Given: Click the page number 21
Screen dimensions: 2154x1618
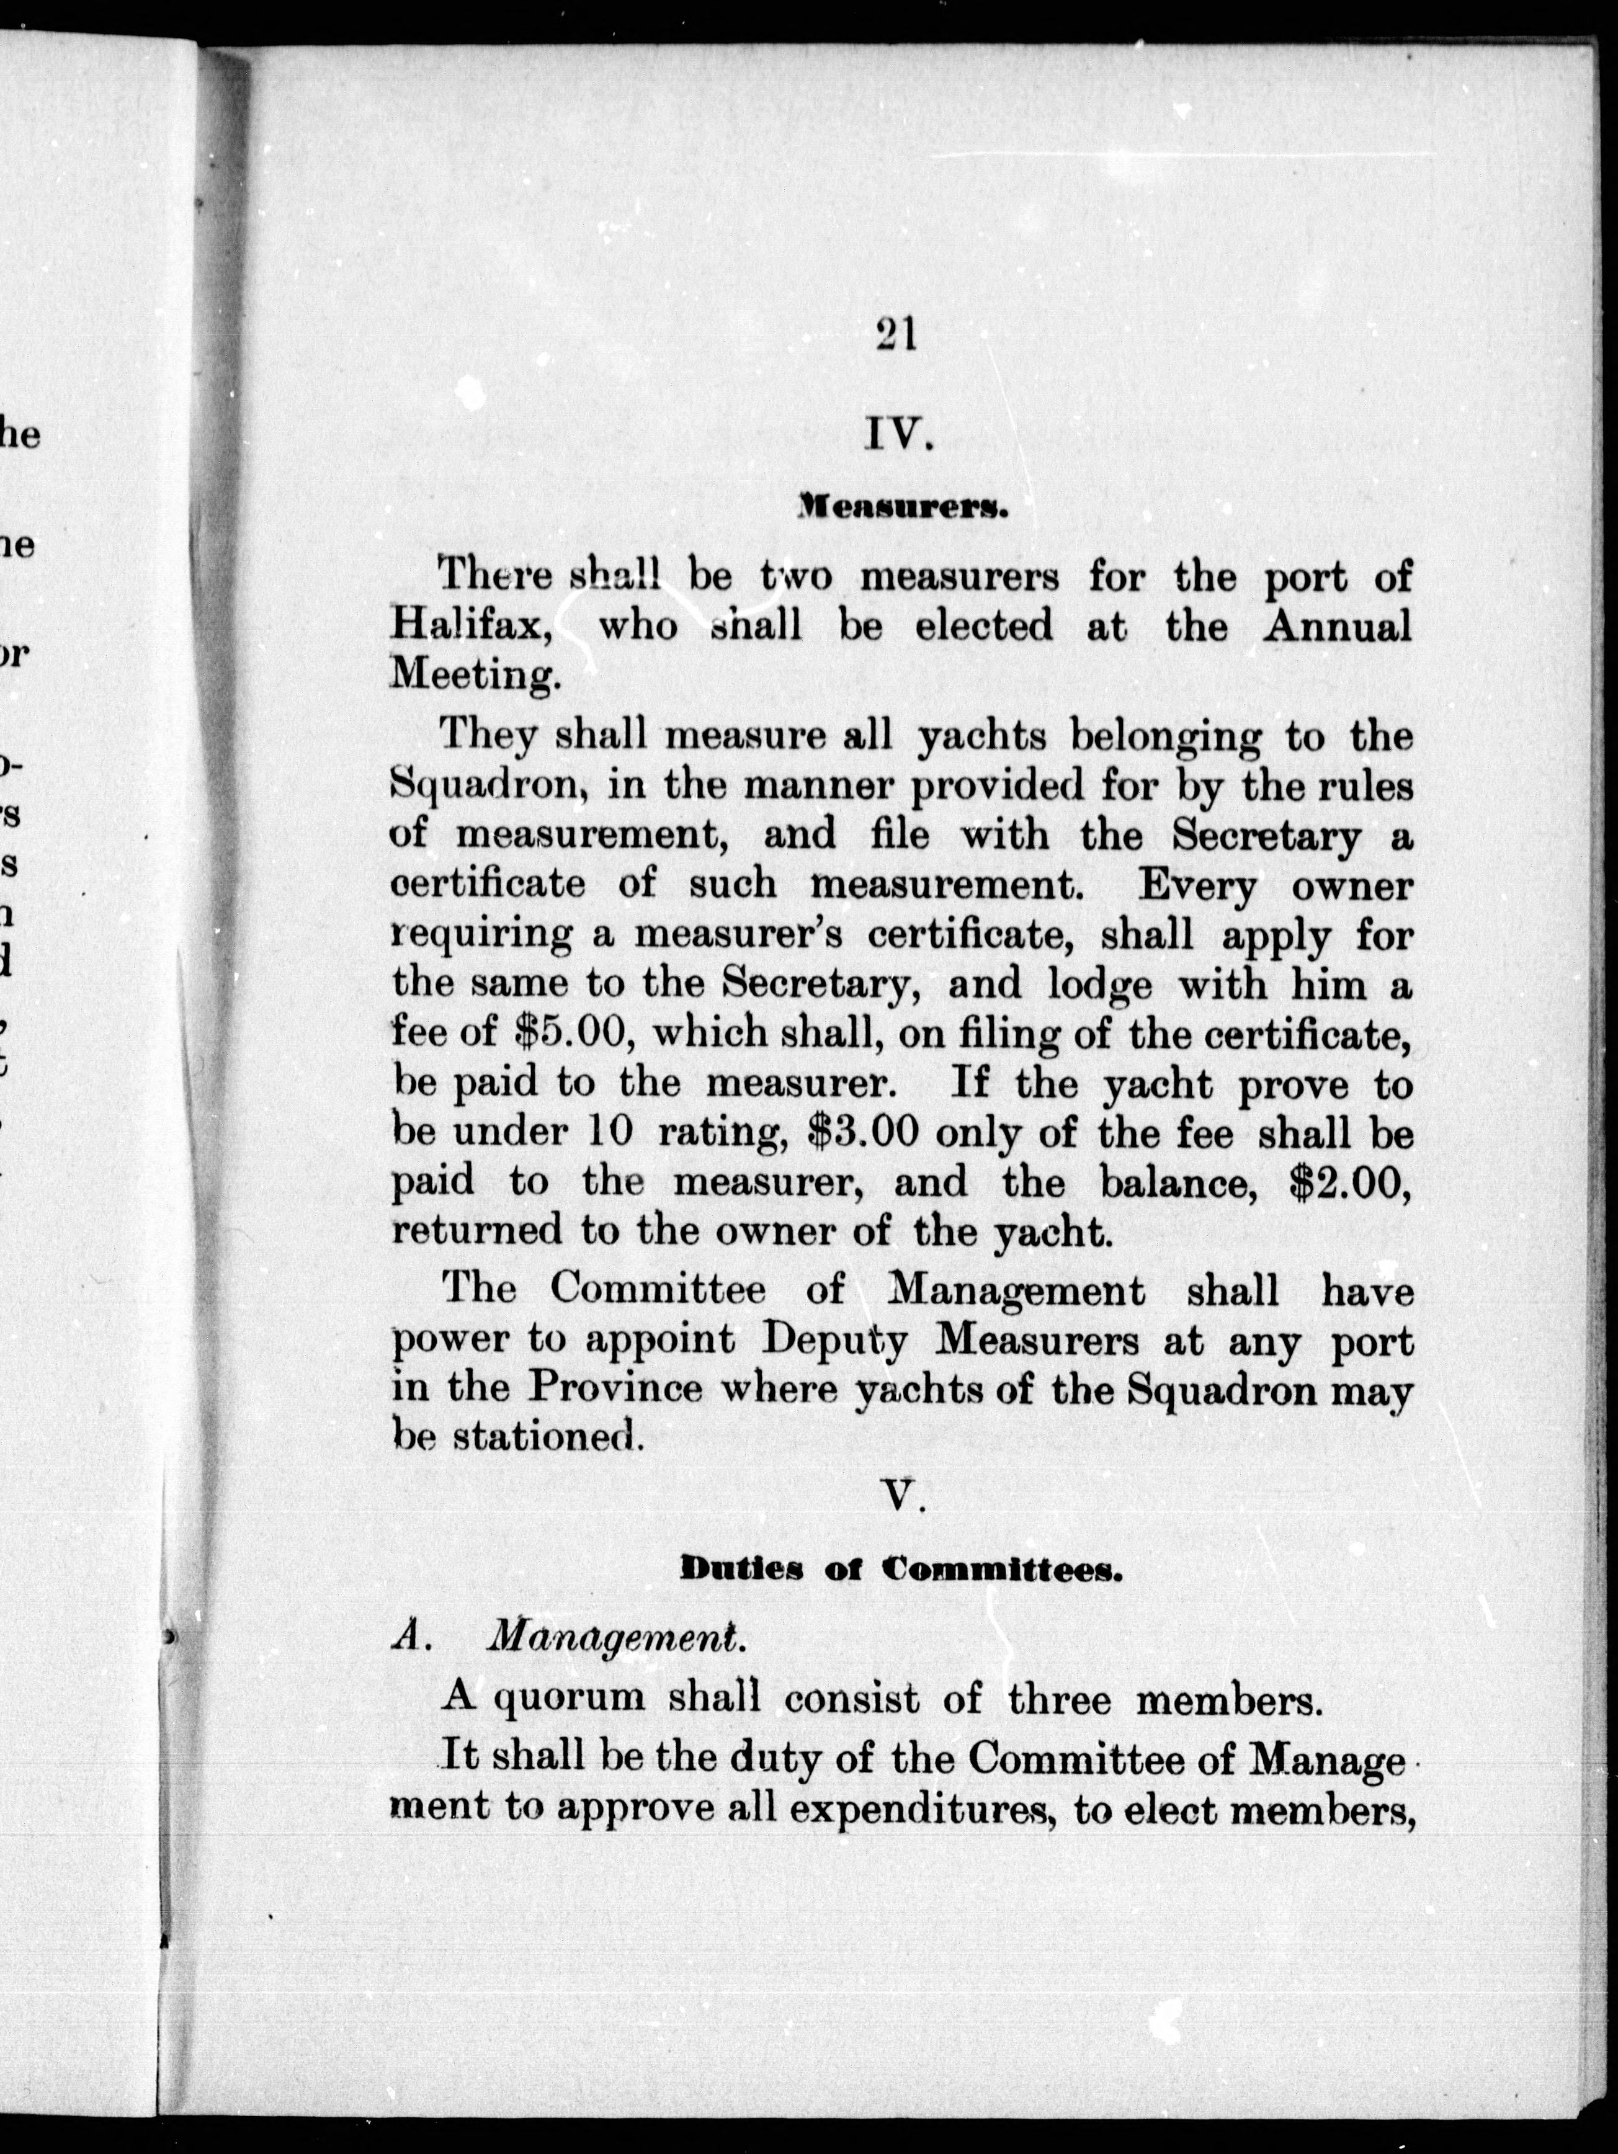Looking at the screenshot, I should (x=896, y=336).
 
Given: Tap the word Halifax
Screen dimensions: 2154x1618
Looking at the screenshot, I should (x=473, y=625).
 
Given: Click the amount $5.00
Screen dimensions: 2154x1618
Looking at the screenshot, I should (x=574, y=1034).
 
